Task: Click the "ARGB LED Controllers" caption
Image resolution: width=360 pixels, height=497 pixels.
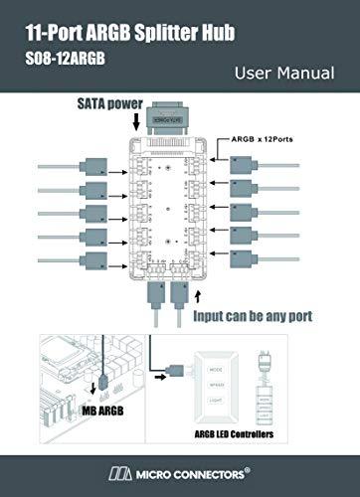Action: tap(239, 434)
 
